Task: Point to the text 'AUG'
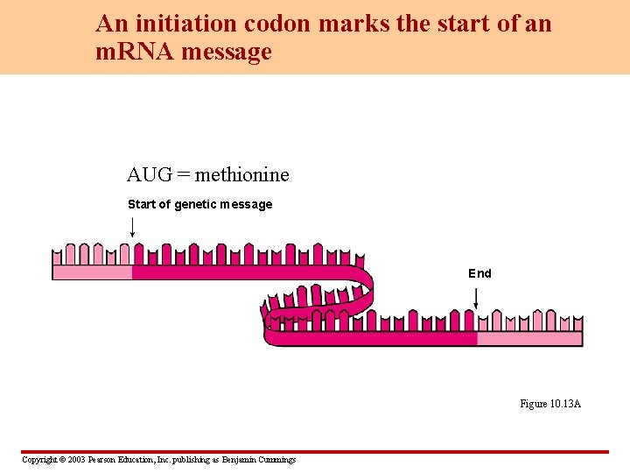(149, 175)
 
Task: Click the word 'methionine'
(242, 175)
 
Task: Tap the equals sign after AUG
(183, 175)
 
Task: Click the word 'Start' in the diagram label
(142, 204)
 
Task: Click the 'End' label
(479, 273)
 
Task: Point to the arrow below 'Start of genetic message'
(132, 227)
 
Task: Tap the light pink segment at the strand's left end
(92, 272)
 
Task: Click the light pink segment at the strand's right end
(529, 339)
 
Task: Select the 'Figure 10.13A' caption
(550, 404)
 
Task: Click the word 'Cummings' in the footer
(277, 460)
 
